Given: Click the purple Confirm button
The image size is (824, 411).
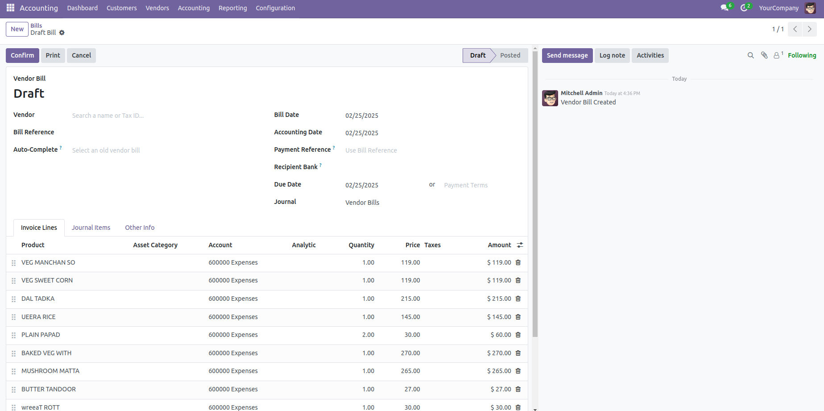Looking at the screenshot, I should coord(22,55).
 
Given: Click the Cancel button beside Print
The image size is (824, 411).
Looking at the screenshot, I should coord(81,55).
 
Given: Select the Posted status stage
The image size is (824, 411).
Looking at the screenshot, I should coord(510,55).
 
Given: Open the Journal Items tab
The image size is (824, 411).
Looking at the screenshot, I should coord(91,228).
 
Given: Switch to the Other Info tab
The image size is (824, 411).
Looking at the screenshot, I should coord(140,228).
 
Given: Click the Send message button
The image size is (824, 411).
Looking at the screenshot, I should coord(567,55).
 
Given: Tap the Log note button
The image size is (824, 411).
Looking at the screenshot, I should coord(612,55).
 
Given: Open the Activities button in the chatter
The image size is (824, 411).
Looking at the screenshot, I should coord(650,55).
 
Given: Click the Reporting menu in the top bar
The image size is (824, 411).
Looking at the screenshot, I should coord(232,8).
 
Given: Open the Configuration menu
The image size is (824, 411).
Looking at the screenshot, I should coord(275,8).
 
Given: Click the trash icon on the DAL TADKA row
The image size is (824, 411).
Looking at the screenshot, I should coord(518,299).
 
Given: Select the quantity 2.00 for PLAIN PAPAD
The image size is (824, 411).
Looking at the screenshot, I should coord(368,335).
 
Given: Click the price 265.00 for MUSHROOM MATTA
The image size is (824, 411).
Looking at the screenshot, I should coord(410,371).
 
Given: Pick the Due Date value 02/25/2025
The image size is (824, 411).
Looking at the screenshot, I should coord(362,185).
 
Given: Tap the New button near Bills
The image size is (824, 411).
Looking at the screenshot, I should coord(17,29).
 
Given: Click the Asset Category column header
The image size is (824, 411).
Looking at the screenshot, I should coord(155,245).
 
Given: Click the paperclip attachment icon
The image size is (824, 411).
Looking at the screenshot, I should coord(764,55).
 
